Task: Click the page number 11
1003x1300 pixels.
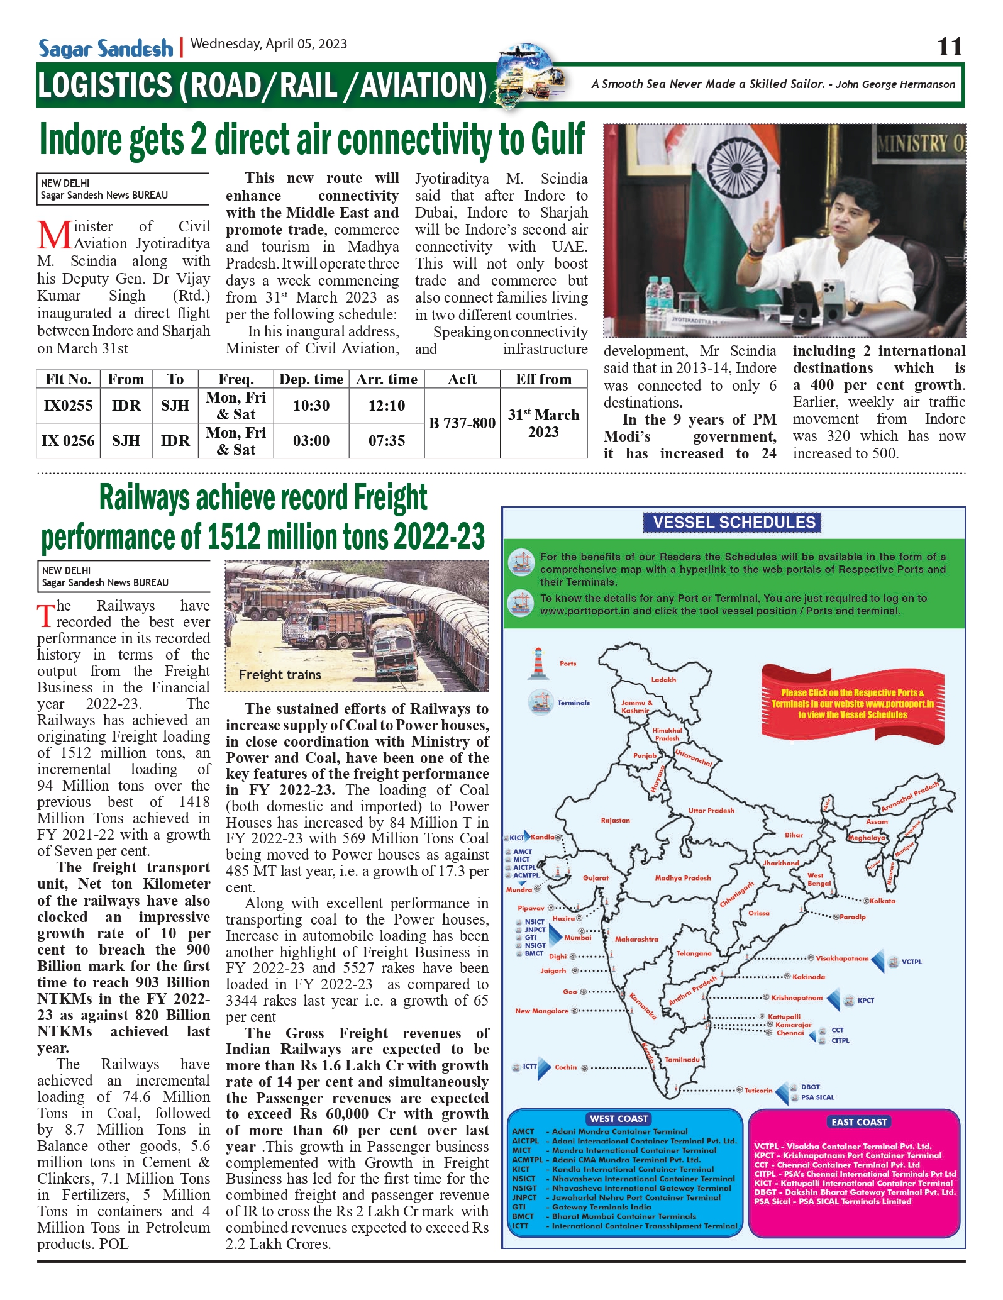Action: [950, 47]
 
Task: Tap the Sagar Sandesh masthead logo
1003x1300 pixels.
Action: [106, 48]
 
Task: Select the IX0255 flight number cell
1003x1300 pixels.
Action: [68, 406]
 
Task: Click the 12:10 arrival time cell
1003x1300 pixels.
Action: [387, 406]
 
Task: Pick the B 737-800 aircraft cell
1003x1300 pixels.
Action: [462, 423]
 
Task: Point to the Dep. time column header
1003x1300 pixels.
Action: [311, 379]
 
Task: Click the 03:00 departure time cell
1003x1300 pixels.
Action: [311, 441]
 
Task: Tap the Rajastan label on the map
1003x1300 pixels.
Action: [615, 821]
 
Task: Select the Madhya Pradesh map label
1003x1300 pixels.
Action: [682, 878]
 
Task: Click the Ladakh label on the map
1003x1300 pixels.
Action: [663, 680]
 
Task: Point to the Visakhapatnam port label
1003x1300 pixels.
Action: [841, 958]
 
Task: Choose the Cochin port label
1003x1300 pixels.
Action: [565, 1067]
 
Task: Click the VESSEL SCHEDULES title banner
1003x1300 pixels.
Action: [733, 523]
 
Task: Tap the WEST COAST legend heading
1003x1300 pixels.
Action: [619, 1119]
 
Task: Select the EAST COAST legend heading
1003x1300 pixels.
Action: [859, 1122]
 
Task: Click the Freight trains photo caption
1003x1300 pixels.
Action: [280, 675]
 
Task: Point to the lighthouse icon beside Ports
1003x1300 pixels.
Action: [538, 664]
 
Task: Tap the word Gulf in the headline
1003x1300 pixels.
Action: [558, 140]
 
